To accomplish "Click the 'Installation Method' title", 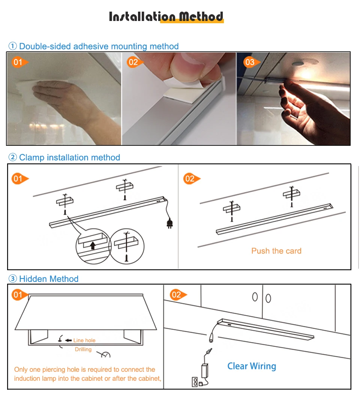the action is [x=166, y=16].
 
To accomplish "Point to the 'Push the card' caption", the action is [x=276, y=251].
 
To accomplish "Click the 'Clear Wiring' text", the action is [x=252, y=366].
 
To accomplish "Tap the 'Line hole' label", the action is [x=84, y=340].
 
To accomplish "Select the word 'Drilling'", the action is [x=83, y=349].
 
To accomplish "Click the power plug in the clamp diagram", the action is [x=169, y=223].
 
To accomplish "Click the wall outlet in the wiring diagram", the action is [x=195, y=382].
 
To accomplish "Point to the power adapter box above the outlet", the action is [x=205, y=371].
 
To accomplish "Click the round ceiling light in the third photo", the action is [x=298, y=64].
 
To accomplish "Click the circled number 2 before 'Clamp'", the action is [x=13, y=157].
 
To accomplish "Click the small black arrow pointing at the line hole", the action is [x=68, y=340].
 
